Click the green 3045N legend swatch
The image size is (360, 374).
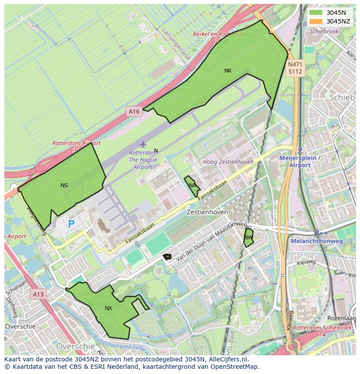point(316,13)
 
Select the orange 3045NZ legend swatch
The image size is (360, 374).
point(316,21)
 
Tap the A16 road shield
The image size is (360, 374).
point(134,112)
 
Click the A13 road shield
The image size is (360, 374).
point(38,295)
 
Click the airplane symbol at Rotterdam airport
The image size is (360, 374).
point(143,144)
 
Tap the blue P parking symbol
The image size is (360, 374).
point(71,225)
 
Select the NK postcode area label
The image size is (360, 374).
point(228,71)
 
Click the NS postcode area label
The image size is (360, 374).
point(64,185)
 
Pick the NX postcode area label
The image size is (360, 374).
point(108,308)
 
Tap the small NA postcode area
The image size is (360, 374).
point(192,185)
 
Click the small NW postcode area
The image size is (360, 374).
point(248,238)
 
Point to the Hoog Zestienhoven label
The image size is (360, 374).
point(228,162)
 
